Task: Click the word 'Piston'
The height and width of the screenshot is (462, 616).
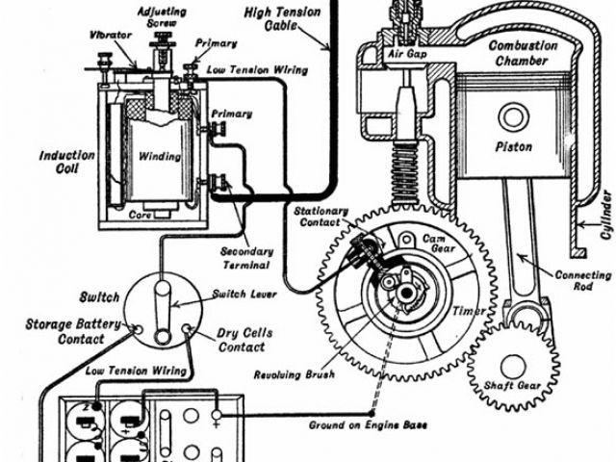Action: (x=513, y=147)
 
